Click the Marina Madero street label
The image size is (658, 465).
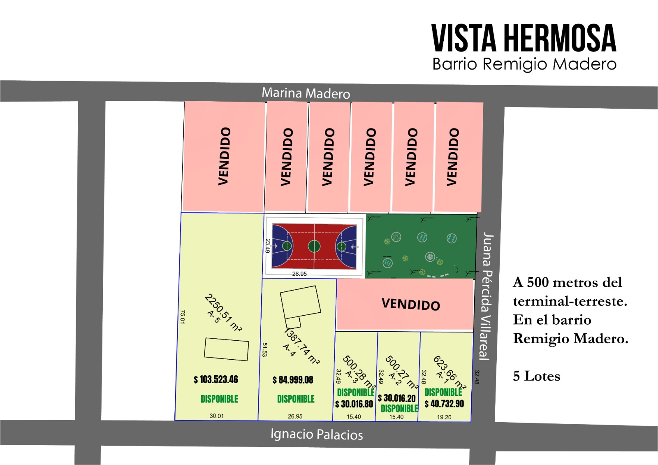click(x=306, y=93)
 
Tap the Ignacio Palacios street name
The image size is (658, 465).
click(x=317, y=434)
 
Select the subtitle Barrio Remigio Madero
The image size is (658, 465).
click(x=524, y=64)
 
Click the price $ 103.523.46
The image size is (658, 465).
click(x=216, y=379)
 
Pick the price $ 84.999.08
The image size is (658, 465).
click(x=293, y=380)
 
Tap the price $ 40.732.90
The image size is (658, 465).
click(x=444, y=404)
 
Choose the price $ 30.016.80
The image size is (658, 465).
click(x=354, y=404)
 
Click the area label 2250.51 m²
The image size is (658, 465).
click(x=223, y=312)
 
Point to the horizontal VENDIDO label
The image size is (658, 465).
click(x=410, y=304)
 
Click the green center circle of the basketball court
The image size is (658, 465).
click(x=314, y=246)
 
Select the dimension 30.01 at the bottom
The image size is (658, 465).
click(x=217, y=416)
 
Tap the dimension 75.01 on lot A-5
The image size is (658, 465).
click(x=183, y=317)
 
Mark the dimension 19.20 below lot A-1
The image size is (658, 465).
click(x=444, y=417)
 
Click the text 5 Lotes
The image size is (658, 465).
click(x=536, y=376)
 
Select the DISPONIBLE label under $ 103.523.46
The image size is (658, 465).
click(x=219, y=399)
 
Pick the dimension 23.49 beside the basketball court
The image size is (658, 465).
click(x=268, y=246)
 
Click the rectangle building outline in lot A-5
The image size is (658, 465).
click(x=226, y=349)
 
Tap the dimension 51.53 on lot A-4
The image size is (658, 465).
click(x=265, y=349)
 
